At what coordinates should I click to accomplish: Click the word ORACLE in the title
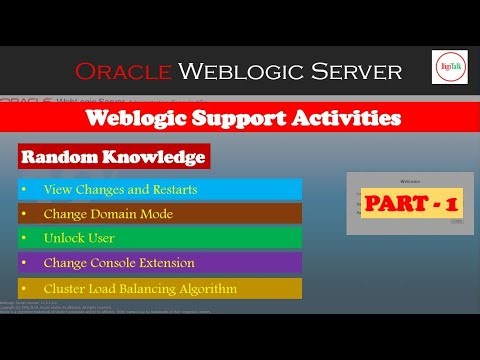tap(121, 71)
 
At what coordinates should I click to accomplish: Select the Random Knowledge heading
tap(113, 158)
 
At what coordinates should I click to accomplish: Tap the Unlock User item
tap(79, 238)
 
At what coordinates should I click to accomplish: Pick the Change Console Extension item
tap(119, 263)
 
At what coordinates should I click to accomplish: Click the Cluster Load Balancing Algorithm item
tap(139, 289)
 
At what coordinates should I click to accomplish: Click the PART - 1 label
tap(411, 204)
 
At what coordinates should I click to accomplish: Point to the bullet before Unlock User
tap(24, 238)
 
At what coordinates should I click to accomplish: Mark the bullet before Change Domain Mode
tap(24, 214)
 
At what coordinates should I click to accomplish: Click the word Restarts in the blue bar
tap(172, 189)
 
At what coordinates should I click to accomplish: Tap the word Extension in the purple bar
tap(166, 263)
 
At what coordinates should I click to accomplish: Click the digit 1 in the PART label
tap(452, 204)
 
